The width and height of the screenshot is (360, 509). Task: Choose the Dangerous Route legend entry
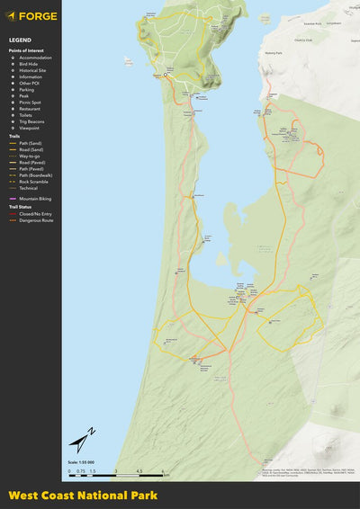[x=34, y=220]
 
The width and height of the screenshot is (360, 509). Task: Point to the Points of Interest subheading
[x=27, y=51]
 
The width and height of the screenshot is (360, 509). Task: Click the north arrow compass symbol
[x=82, y=441]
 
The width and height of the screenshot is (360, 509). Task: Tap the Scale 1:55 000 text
[x=81, y=462]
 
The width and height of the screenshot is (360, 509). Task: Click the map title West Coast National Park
[x=83, y=496]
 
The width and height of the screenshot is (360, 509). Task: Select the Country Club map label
[x=301, y=40]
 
